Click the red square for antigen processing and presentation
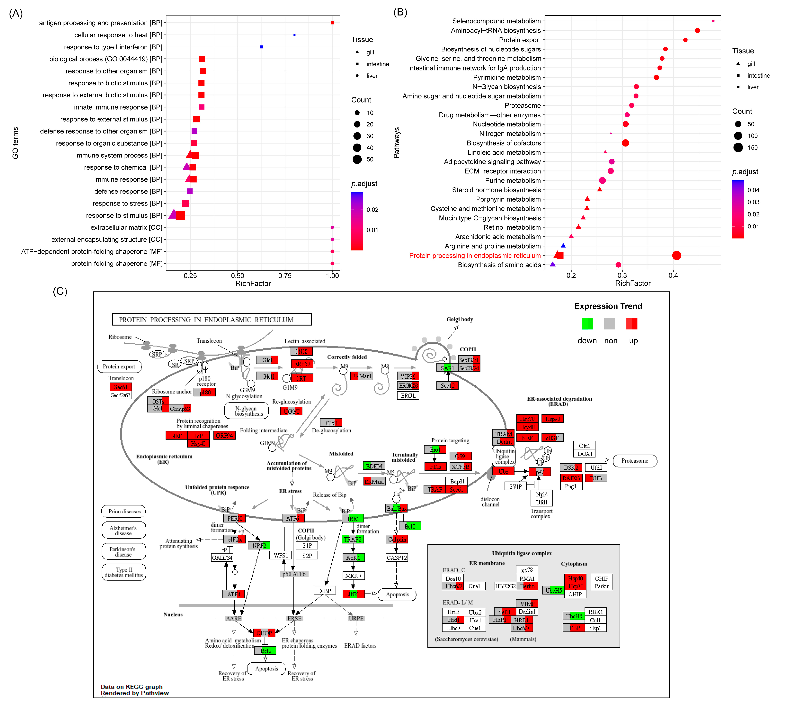[332, 23]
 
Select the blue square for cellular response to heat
[295, 35]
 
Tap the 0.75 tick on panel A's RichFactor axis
[285, 275]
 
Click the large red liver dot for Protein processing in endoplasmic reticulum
[676, 255]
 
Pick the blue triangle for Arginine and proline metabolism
[563, 246]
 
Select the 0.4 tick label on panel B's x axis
[673, 275]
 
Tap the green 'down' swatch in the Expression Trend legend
[587, 324]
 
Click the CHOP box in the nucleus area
[264, 633]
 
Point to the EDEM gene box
[374, 466]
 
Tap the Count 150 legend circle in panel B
[738, 148]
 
